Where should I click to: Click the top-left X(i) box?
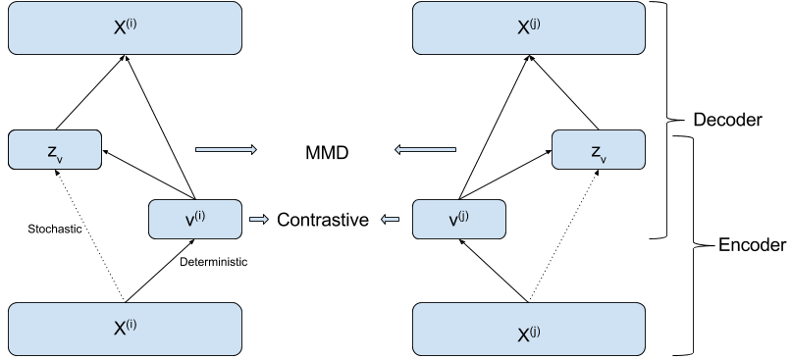tap(125, 27)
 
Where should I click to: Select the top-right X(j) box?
tap(528, 27)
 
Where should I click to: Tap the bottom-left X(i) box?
tap(125, 329)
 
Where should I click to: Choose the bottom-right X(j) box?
tap(528, 330)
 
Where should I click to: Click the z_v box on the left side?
tap(55, 150)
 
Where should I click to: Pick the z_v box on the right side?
tap(599, 150)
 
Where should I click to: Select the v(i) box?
tap(195, 220)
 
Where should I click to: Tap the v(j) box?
tap(458, 220)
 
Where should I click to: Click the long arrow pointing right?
tap(226, 150)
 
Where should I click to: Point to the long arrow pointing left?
tap(425, 150)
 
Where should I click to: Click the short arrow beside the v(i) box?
tap(259, 220)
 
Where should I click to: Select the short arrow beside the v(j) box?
tap(391, 220)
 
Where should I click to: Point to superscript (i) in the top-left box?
tap(131, 24)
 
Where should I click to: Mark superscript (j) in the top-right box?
tap(535, 24)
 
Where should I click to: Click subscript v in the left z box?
tap(59, 157)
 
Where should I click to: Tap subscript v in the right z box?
tap(603, 157)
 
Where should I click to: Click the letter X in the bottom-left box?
tap(119, 330)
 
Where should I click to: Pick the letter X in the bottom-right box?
tap(523, 334)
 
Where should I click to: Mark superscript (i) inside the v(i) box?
tap(200, 216)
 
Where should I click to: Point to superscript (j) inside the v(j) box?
tap(463, 216)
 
